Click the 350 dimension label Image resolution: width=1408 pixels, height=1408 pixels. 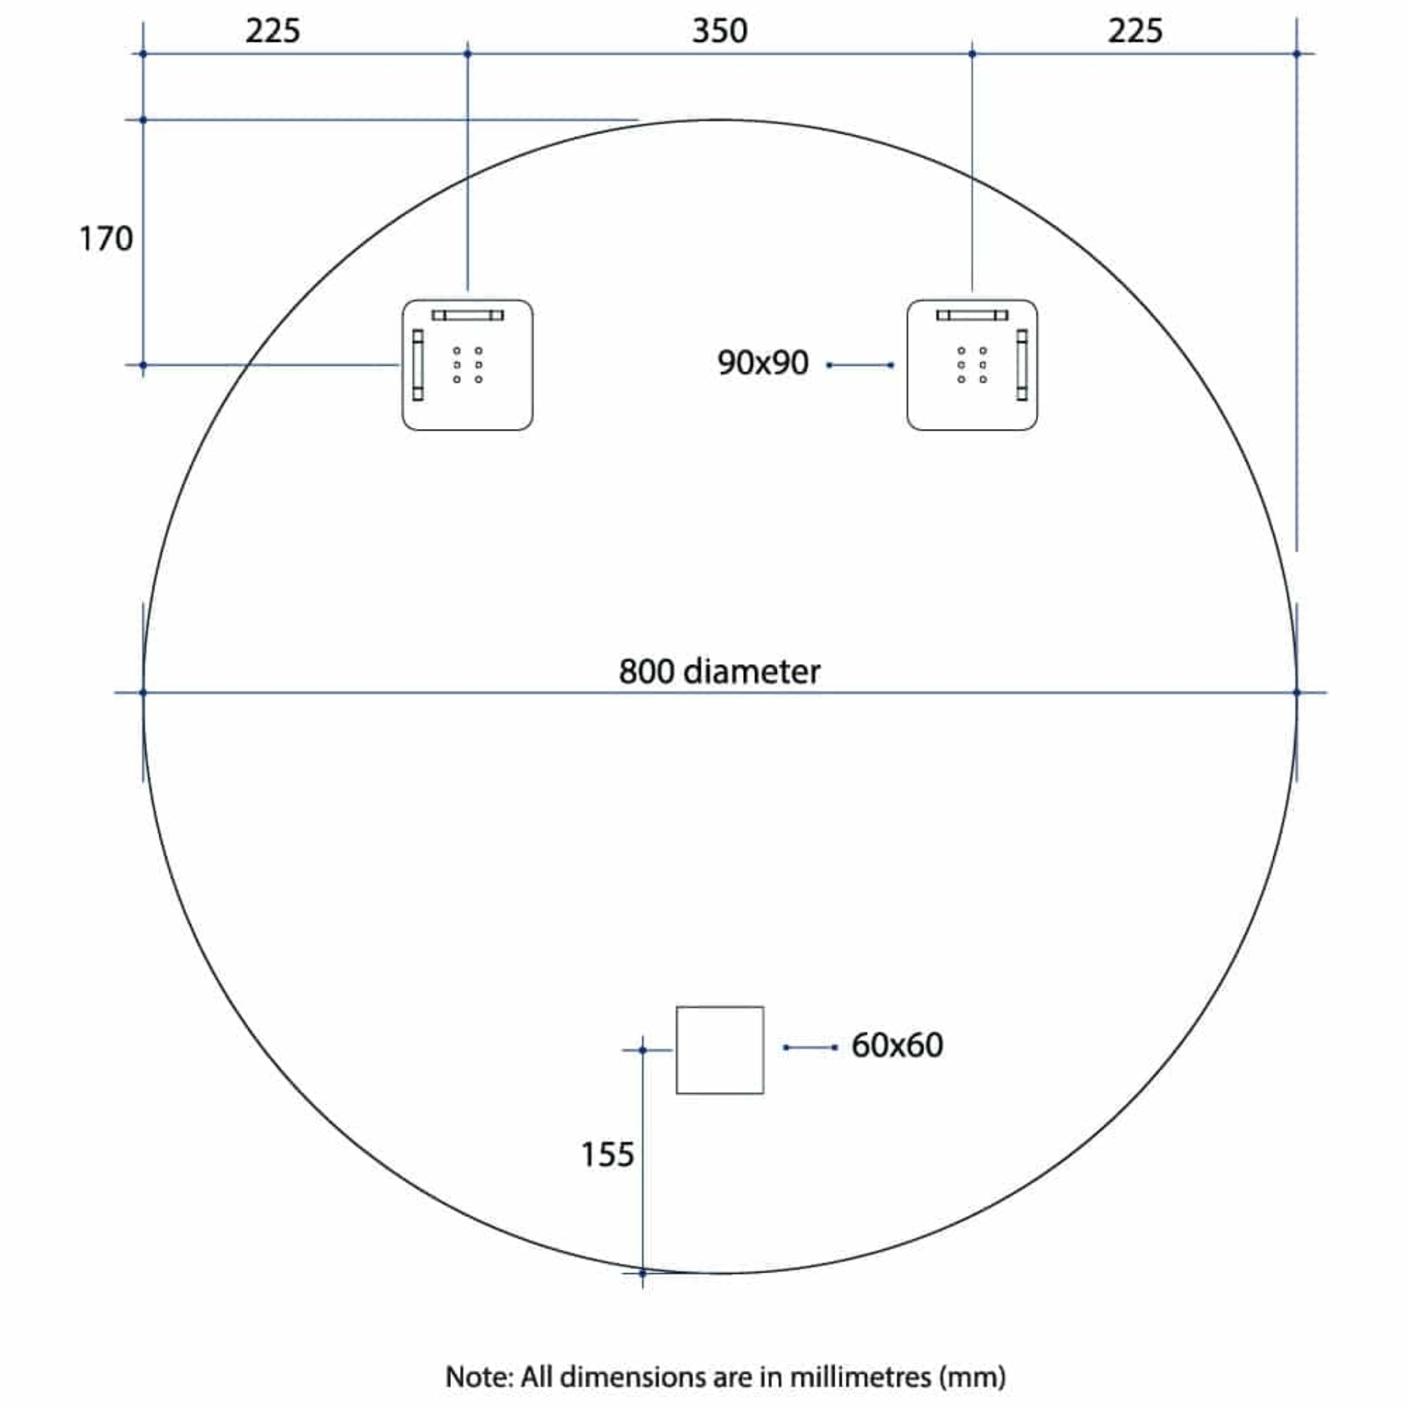click(x=719, y=32)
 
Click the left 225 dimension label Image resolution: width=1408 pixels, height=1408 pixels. click(x=272, y=32)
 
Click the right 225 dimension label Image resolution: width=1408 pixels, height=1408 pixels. click(x=1134, y=32)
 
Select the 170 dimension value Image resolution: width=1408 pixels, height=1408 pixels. click(x=106, y=239)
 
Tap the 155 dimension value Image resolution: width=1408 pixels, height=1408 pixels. click(x=607, y=1154)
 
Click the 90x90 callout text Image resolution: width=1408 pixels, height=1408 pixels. click(x=762, y=363)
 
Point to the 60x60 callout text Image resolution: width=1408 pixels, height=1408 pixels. click(x=897, y=1045)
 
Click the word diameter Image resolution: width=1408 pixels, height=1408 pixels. click(x=751, y=671)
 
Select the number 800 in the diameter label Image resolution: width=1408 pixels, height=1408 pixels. click(x=646, y=671)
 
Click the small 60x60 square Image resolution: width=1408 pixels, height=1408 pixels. click(x=719, y=1050)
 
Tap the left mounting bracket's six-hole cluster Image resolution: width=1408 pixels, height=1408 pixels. click(x=467, y=364)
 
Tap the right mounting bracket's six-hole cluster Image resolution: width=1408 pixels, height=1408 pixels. click(x=971, y=364)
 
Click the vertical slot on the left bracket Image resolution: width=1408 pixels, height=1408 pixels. click(x=417, y=364)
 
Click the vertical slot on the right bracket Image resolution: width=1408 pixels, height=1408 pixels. click(x=1021, y=364)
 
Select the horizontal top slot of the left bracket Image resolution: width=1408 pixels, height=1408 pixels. click(x=467, y=315)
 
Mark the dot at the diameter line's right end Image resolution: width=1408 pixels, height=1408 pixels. click(x=1297, y=692)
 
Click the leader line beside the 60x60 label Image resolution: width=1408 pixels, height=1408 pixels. click(x=811, y=1047)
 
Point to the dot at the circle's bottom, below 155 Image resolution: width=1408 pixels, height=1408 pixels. click(x=642, y=1273)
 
